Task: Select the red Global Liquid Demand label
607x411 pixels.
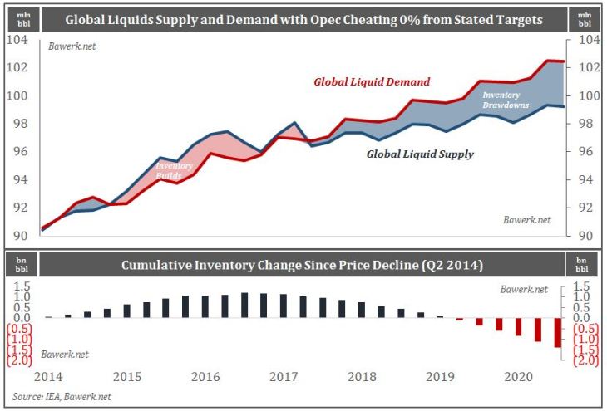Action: click(372, 82)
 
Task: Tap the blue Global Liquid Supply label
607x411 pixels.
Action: click(419, 154)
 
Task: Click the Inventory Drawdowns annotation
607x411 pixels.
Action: click(506, 100)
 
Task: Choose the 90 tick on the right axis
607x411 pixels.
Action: click(585, 236)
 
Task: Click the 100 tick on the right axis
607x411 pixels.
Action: click(585, 95)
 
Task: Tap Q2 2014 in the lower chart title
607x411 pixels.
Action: click(457, 267)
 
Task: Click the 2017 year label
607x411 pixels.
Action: click(284, 376)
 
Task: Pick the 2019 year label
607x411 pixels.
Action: click(439, 376)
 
